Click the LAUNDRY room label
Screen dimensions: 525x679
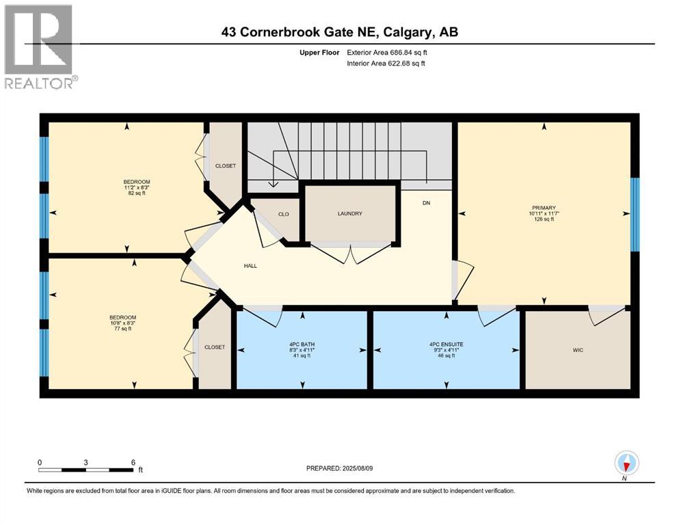pos(349,214)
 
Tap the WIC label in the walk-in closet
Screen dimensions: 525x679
pos(578,350)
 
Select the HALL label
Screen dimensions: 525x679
pos(250,265)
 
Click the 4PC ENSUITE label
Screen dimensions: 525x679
pos(447,344)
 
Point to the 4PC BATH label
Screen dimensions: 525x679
pos(302,344)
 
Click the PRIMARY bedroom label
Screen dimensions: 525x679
pos(544,208)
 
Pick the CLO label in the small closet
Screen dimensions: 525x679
pos(283,214)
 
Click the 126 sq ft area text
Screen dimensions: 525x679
pos(544,219)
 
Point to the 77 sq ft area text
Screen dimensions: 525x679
pos(122,329)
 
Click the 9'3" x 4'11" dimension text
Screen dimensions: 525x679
pos(447,350)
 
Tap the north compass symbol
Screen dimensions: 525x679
pos(626,463)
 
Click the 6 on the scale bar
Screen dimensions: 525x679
pos(133,462)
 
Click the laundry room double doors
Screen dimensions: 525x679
pos(351,254)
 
